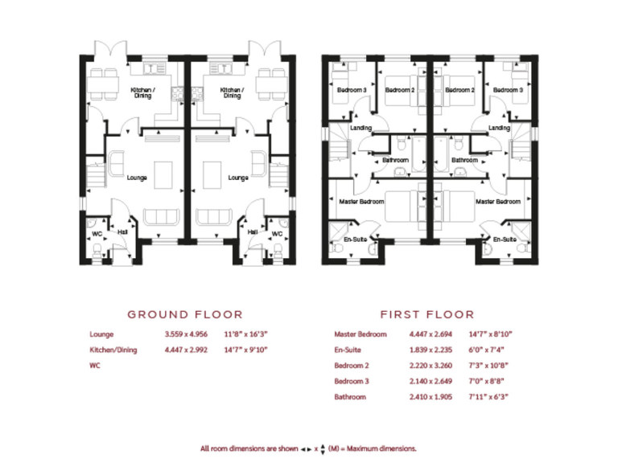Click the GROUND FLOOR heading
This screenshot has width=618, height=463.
(185, 314)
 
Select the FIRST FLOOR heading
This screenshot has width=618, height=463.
(427, 314)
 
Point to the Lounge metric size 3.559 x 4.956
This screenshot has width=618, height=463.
(186, 334)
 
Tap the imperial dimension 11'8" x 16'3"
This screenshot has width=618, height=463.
(245, 334)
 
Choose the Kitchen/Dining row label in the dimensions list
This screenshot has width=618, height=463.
(113, 350)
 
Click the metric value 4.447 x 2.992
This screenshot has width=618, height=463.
(186, 350)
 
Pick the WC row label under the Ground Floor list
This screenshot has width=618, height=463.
(96, 365)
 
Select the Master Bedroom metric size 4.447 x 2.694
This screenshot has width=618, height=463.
(433, 334)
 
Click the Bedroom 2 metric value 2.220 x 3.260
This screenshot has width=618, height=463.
(433, 366)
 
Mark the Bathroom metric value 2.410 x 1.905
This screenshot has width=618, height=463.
(433, 397)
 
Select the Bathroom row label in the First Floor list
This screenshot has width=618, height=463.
(350, 397)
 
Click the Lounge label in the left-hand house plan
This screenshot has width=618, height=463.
(137, 177)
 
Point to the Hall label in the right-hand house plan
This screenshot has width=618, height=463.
(252, 231)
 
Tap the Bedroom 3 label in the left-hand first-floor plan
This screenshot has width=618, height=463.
(351, 90)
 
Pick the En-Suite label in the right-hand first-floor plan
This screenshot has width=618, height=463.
(504, 240)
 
